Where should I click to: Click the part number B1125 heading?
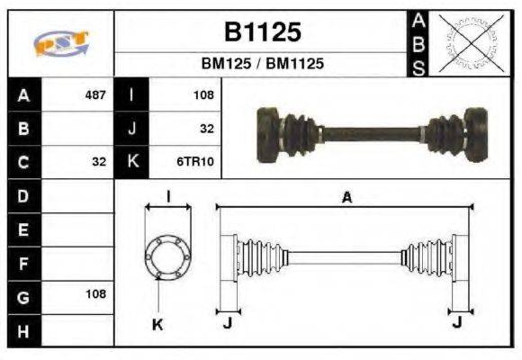(x=262, y=33)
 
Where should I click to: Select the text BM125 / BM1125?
(x=262, y=64)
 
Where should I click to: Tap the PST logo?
(x=60, y=42)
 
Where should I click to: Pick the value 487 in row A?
(x=94, y=94)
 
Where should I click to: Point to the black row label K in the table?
(x=132, y=162)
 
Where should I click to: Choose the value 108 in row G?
(x=94, y=294)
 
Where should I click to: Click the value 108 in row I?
(x=202, y=94)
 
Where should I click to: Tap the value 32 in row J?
(x=206, y=129)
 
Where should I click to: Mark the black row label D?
(x=23, y=195)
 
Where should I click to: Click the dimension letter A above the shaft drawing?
(x=346, y=198)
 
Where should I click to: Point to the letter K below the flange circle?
(x=157, y=324)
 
